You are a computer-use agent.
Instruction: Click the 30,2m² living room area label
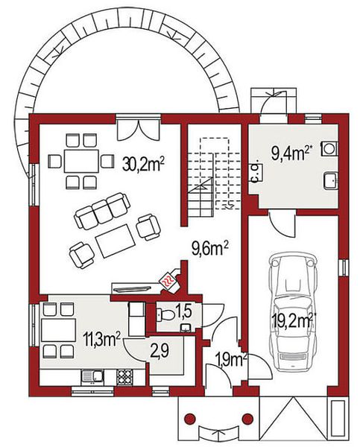[144, 165]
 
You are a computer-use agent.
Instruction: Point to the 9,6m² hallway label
[210, 250]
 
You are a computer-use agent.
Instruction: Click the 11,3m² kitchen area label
[101, 339]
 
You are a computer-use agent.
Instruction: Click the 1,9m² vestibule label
[231, 361]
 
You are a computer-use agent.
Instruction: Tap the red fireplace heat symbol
[168, 280]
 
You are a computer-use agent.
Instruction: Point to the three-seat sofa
[102, 211]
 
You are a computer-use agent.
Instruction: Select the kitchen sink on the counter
[92, 376]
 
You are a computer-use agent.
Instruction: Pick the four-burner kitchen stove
[124, 377]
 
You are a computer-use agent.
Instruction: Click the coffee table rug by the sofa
[116, 241]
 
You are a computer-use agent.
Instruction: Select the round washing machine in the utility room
[330, 148]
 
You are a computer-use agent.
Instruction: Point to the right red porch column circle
[247, 419]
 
